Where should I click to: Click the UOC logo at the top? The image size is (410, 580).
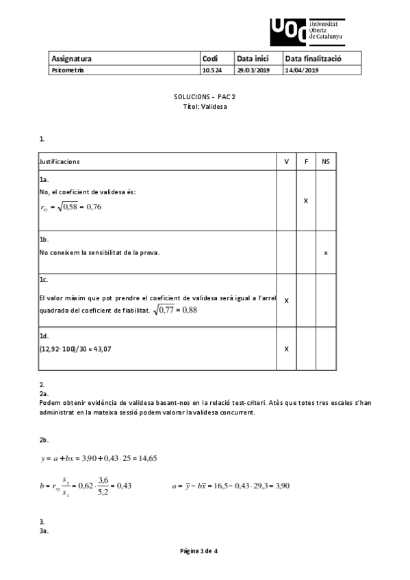tap(307, 31)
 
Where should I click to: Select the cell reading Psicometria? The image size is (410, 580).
tap(68, 70)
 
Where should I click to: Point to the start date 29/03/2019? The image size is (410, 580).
tap(253, 70)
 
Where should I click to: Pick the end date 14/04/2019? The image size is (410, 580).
tap(302, 70)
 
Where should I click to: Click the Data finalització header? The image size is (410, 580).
tap(313, 59)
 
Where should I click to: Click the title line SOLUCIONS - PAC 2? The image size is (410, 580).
tap(205, 97)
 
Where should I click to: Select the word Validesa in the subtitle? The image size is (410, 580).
tap(214, 107)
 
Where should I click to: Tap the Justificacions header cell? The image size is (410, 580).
tap(60, 161)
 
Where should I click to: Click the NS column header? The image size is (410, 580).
tap(326, 161)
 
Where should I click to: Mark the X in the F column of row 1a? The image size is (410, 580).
tap(306, 201)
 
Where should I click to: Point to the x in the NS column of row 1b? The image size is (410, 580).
tap(326, 252)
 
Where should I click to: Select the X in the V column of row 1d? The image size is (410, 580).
tap(286, 349)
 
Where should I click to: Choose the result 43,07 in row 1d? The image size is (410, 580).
tap(103, 349)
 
